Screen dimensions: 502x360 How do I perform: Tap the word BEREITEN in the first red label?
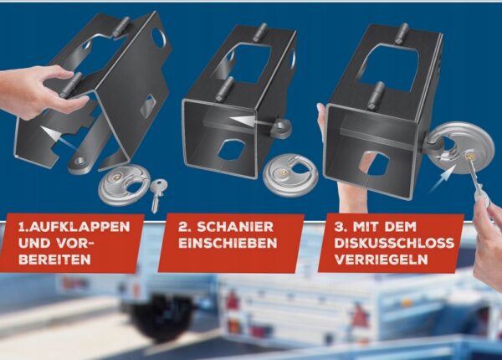point(54,260)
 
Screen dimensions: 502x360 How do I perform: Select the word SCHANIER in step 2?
point(235,227)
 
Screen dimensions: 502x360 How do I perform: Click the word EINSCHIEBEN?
point(228,243)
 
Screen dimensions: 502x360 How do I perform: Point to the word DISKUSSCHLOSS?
point(394,243)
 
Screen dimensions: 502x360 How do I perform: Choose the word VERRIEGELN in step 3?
point(381,259)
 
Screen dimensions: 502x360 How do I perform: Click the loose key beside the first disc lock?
point(157,195)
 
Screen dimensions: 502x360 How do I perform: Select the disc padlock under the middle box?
point(290,175)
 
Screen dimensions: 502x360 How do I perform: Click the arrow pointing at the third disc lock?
point(444,180)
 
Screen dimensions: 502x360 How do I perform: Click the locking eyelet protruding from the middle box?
point(281,127)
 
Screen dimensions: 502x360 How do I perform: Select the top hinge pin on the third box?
point(401,33)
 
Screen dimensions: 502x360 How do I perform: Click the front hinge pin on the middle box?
point(225,90)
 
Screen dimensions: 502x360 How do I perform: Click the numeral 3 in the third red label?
point(339,227)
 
